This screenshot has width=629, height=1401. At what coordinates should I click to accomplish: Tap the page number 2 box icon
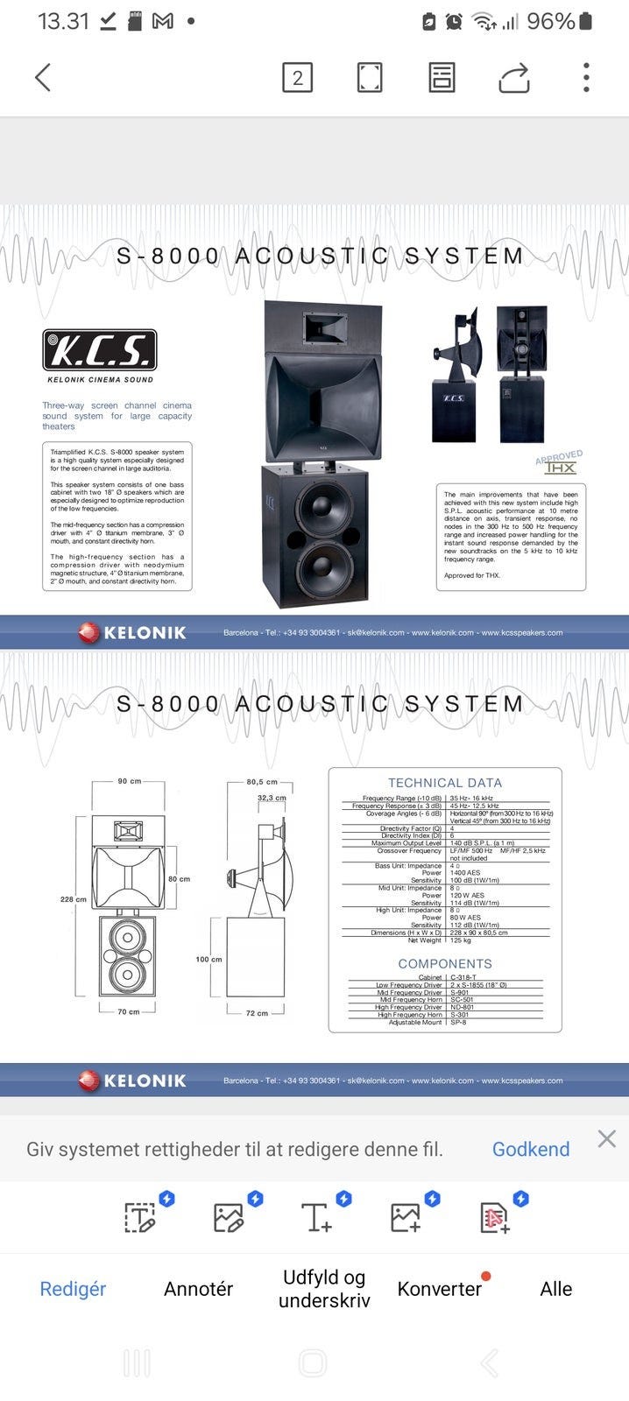297,78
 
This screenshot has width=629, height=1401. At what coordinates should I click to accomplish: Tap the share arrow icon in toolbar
514,78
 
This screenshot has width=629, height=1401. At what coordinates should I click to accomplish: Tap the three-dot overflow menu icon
586,77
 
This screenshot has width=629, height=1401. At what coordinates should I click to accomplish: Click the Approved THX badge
559,463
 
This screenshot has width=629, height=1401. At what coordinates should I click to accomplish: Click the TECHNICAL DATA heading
445,783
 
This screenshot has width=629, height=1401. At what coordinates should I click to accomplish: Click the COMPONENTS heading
445,963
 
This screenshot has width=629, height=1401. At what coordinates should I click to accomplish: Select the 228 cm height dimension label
74,899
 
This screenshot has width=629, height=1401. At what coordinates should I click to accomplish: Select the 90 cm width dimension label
130,781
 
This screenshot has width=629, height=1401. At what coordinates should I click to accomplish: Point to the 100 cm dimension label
208,960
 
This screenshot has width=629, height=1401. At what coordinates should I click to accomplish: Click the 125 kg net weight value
461,940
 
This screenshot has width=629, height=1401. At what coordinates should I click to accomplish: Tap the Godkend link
530,1149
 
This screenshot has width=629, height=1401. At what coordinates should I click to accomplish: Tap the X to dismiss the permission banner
606,1138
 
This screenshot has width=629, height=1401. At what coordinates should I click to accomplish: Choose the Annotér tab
199,1289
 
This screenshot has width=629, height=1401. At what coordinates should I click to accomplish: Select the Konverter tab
439,1289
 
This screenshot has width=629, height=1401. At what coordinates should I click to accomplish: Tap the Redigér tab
73,1289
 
